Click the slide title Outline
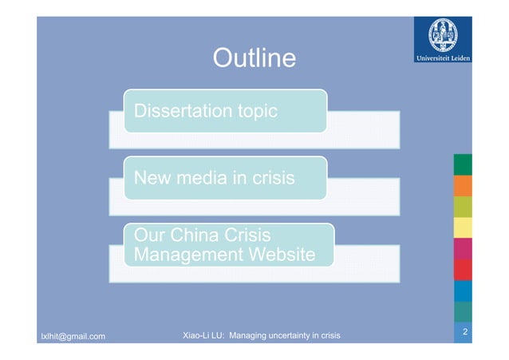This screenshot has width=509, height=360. (254, 58)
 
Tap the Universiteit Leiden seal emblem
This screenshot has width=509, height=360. (441, 34)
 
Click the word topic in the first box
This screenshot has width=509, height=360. (253, 111)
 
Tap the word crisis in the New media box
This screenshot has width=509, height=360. (270, 178)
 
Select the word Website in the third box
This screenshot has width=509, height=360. (279, 255)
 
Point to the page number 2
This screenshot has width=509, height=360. (464, 331)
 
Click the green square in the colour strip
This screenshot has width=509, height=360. (463, 164)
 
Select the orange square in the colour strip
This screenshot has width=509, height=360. (463, 186)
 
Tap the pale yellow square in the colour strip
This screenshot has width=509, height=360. (463, 227)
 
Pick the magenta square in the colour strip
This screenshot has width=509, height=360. (463, 248)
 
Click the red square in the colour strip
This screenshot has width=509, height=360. (463, 269)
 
